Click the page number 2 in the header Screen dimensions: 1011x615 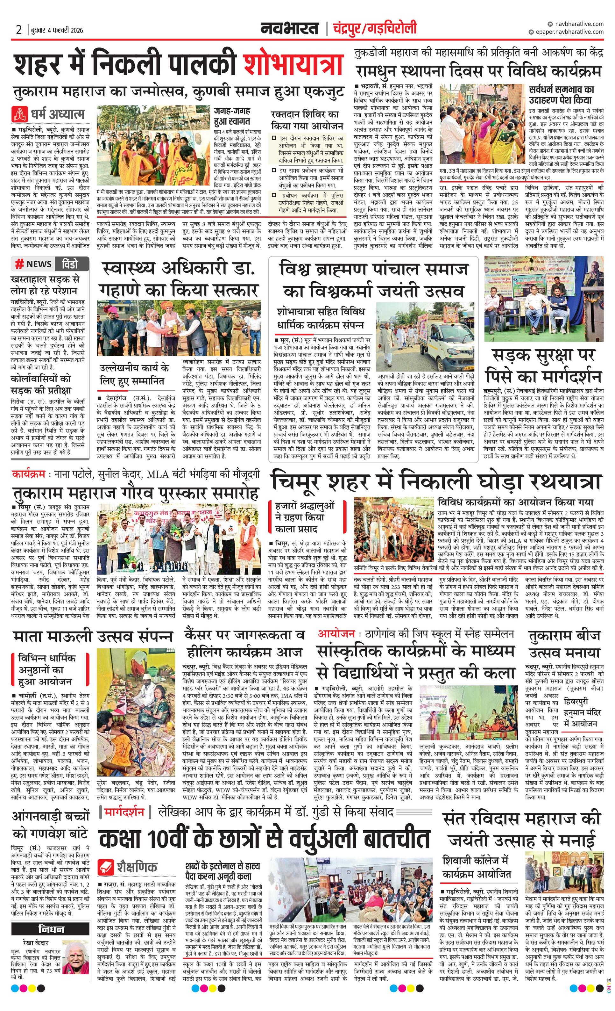pyautogui.click(x=19, y=30)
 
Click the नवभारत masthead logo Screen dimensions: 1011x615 pyautogui.click(x=289, y=28)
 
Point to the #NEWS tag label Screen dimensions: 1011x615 pyautogui.click(x=34, y=264)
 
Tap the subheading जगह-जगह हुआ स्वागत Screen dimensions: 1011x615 pyautogui.click(x=232, y=116)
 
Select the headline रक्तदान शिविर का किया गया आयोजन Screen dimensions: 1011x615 pyautogui.click(x=307, y=119)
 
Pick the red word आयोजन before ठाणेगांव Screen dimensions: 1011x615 pyautogui.click(x=336, y=634)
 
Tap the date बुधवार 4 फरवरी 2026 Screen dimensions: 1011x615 pyautogui.click(x=57, y=30)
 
